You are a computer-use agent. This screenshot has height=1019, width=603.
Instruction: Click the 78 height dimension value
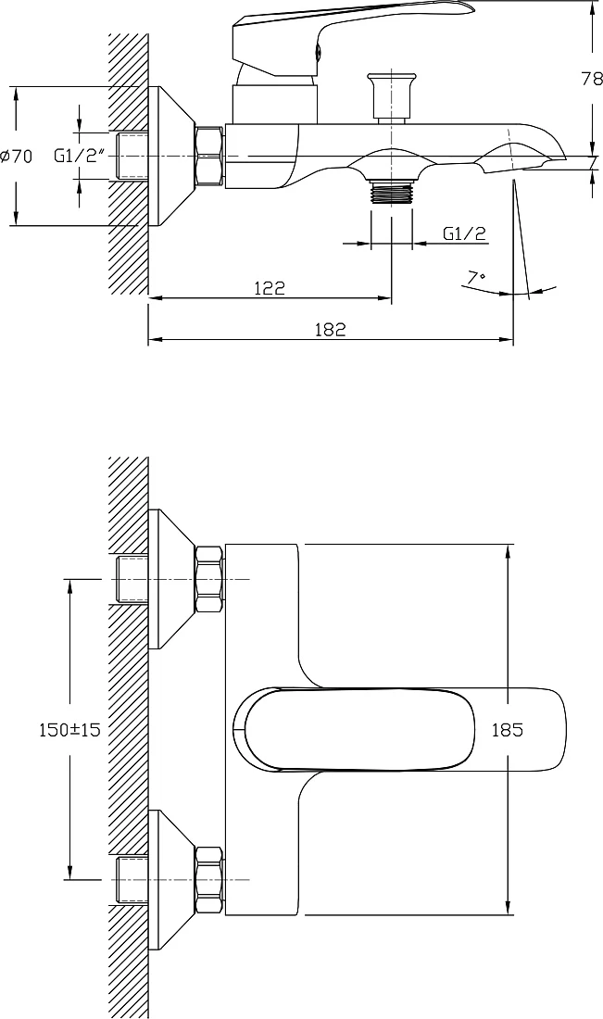click(x=592, y=80)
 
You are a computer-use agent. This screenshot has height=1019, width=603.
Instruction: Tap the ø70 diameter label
click(x=17, y=157)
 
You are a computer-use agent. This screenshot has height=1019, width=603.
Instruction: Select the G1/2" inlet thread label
click(x=80, y=156)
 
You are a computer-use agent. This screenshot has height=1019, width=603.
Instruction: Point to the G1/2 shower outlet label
click(x=465, y=233)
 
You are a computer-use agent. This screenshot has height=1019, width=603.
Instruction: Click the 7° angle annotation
click(x=476, y=278)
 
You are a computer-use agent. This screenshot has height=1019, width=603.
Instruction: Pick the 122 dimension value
click(x=270, y=287)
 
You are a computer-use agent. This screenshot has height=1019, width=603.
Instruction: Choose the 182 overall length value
click(x=330, y=329)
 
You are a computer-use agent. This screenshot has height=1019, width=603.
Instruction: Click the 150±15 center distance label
click(x=69, y=729)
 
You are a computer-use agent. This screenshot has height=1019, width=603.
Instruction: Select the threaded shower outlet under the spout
click(x=391, y=192)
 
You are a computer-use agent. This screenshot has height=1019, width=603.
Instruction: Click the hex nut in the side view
click(x=210, y=157)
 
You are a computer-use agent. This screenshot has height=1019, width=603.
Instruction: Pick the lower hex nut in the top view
click(x=210, y=880)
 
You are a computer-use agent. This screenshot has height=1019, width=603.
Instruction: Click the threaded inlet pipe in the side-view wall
click(x=132, y=156)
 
